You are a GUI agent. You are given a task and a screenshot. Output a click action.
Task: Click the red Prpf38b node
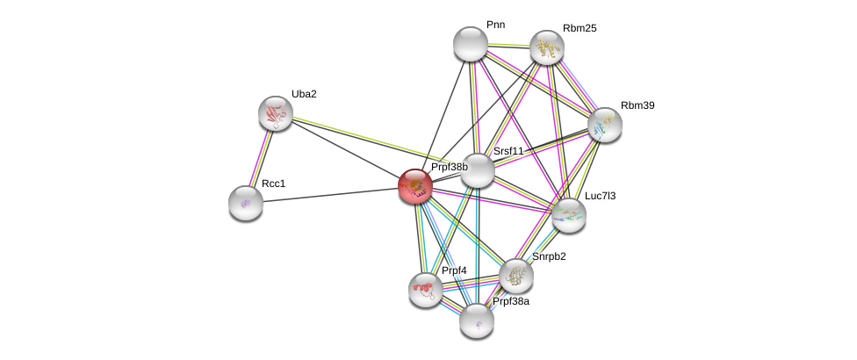[415, 185]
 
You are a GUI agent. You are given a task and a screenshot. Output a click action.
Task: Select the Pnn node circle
[470, 44]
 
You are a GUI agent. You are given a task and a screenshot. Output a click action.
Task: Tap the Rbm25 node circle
[546, 47]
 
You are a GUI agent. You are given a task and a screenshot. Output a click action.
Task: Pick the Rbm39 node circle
[604, 124]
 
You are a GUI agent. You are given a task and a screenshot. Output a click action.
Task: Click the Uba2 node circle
[276, 113]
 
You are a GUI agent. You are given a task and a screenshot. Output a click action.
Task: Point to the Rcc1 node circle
[246, 202]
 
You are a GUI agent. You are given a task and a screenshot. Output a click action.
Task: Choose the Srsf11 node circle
[477, 169]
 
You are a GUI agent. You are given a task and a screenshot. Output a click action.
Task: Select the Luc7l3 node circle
[568, 214]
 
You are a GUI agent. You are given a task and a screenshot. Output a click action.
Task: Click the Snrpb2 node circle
[515, 276]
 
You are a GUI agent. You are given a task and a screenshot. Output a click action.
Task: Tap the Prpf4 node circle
[425, 289]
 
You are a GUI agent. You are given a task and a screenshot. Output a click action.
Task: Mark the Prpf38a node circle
[477, 320]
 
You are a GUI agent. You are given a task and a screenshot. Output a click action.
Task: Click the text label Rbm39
[637, 105]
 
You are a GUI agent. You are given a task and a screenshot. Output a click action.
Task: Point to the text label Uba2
[304, 94]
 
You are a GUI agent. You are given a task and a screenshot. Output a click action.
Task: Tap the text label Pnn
[495, 25]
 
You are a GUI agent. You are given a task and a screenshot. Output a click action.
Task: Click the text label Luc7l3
[601, 196]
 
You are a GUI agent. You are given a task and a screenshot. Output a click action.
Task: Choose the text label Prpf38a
[510, 301]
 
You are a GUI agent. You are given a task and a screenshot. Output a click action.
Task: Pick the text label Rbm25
[580, 28]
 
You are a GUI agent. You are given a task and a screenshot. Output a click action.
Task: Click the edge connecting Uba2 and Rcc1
[261, 158]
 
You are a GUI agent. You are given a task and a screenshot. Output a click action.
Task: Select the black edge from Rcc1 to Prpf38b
[330, 194]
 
